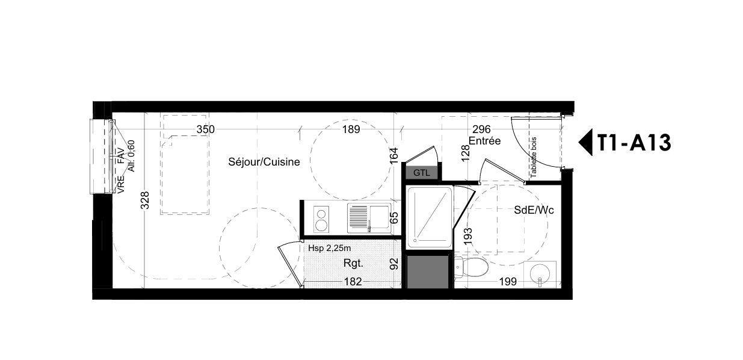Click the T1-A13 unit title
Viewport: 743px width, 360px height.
[634, 143]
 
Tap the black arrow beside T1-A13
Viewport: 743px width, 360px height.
[586, 142]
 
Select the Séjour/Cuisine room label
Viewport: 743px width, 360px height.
[264, 162]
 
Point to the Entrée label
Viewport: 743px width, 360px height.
[485, 141]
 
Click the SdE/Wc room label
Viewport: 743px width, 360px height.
[534, 210]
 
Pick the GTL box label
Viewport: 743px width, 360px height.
[422, 173]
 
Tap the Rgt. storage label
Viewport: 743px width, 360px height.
[353, 264]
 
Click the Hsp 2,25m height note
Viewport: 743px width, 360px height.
[329, 248]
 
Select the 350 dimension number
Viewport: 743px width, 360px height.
[206, 129]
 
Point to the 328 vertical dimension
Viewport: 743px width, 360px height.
[145, 200]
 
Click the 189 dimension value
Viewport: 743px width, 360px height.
[351, 129]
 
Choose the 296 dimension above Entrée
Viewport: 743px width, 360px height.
[482, 129]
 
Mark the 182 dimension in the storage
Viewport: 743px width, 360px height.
[353, 282]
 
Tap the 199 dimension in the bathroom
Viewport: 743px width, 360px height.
[508, 282]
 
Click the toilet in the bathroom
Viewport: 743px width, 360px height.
[471, 267]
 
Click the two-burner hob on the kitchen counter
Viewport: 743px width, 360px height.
[321, 219]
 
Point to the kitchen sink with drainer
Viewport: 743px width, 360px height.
[369, 218]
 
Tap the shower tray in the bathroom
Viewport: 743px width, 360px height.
[430, 217]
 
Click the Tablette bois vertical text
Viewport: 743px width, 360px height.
[534, 158]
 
